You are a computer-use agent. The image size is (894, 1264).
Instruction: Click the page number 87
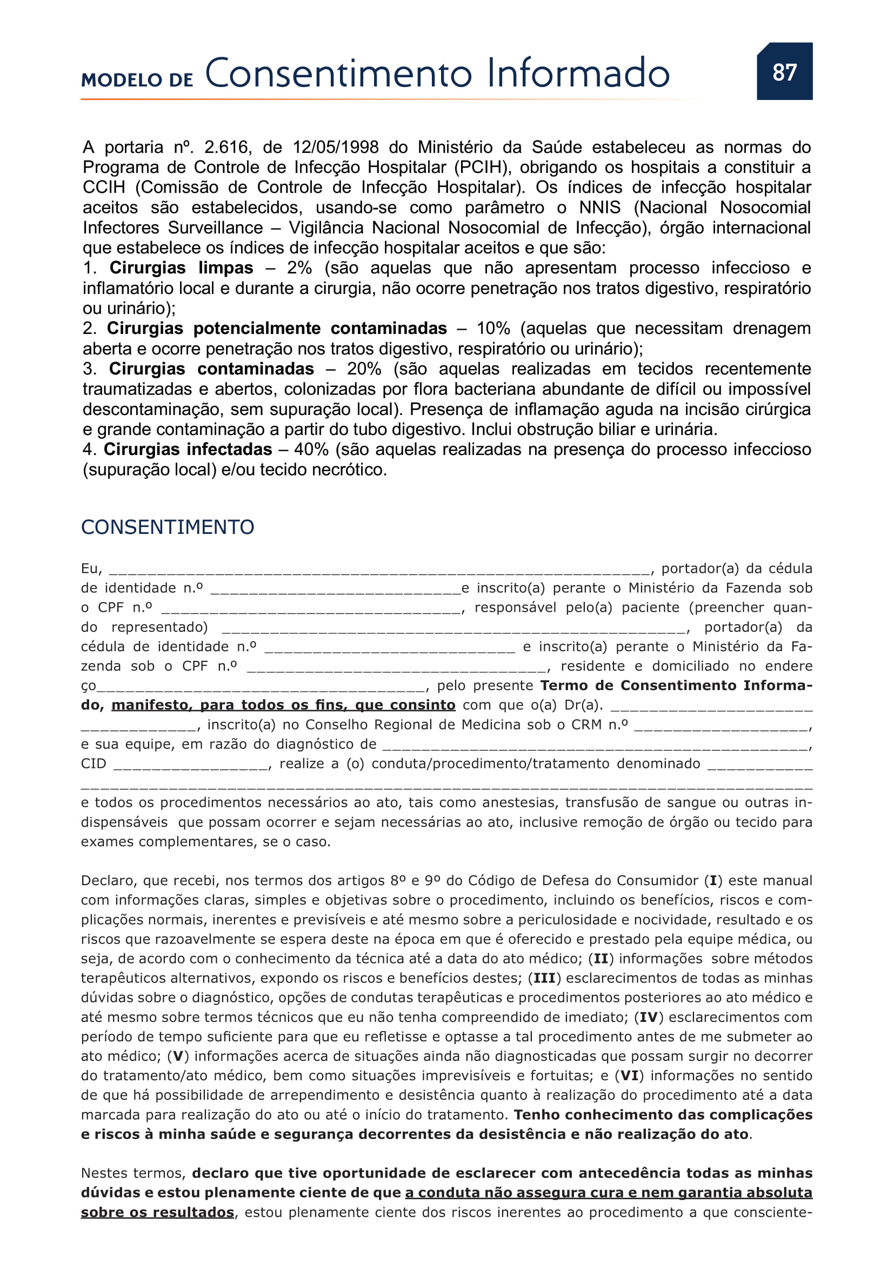pyautogui.click(x=784, y=72)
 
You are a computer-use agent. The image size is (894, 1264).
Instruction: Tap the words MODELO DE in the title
pyautogui.click(x=137, y=80)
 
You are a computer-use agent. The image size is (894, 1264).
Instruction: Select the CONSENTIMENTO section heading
pyautogui.click(x=168, y=527)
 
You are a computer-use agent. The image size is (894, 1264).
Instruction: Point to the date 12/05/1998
pyautogui.click(x=335, y=147)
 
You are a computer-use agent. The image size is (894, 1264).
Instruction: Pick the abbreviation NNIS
pyautogui.click(x=599, y=208)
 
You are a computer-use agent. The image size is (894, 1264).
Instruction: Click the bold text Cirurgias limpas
pyautogui.click(x=181, y=268)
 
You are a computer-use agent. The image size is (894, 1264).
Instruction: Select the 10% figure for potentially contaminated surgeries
pyautogui.click(x=493, y=329)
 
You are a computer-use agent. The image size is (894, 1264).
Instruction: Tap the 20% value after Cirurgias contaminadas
pyautogui.click(x=364, y=369)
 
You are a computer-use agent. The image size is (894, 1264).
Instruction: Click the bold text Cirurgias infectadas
pyautogui.click(x=188, y=449)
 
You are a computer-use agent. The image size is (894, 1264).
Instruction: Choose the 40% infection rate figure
pyautogui.click(x=311, y=449)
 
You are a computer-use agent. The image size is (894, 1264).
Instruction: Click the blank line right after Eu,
pyautogui.click(x=379, y=570)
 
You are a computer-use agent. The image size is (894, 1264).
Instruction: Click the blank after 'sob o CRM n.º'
pyautogui.click(x=721, y=727)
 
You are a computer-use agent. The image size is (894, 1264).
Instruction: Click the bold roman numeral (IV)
pyautogui.click(x=648, y=1017)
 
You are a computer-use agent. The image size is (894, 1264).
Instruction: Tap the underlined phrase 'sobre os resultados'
pyautogui.click(x=157, y=1212)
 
